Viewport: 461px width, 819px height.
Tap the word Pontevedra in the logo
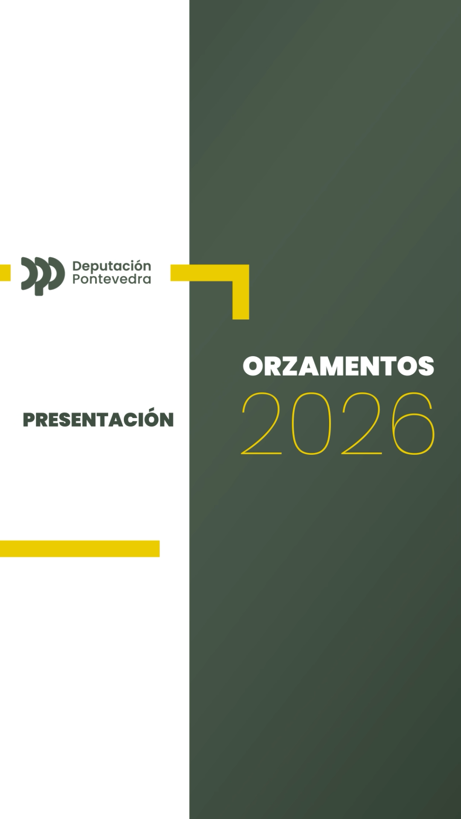pyautogui.click(x=111, y=279)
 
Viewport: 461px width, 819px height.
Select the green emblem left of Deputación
pyautogui.click(x=43, y=276)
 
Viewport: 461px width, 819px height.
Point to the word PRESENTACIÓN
pyautogui.click(x=98, y=420)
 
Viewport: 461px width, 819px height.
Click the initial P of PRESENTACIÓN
pyautogui.click(x=29, y=421)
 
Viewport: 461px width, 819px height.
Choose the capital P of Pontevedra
pyautogui.click(x=76, y=279)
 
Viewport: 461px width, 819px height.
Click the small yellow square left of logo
pyautogui.click(x=5, y=273)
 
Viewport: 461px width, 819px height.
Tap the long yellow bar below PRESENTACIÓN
pyautogui.click(x=79, y=549)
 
